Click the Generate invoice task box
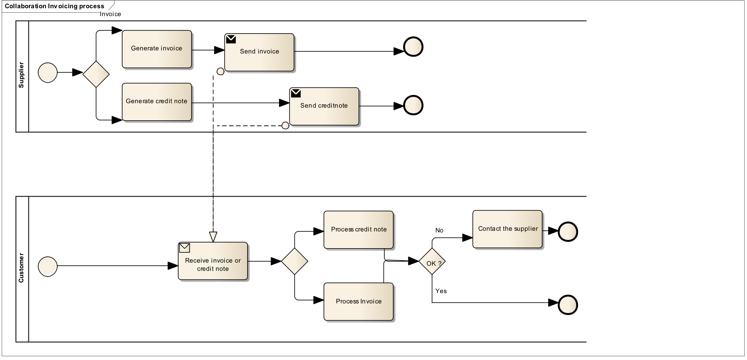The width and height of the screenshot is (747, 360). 157,49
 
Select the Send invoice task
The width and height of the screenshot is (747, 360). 259,52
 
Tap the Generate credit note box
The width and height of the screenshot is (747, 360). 157,102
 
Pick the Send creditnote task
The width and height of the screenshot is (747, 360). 324,106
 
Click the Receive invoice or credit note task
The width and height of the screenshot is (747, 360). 213,261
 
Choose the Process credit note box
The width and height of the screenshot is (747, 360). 358,230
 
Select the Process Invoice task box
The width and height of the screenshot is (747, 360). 358,302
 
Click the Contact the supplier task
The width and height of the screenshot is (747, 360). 507,229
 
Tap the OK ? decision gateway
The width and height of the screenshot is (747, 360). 432,262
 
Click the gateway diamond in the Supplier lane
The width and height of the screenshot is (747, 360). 96,74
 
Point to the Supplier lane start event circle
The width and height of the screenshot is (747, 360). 48,73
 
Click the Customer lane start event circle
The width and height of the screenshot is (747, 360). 48,266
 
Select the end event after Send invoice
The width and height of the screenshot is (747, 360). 413,47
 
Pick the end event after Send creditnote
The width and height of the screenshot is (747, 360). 413,105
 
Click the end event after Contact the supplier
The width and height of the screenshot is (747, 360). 568,232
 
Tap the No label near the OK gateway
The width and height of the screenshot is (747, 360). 439,230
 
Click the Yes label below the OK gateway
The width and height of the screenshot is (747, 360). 441,291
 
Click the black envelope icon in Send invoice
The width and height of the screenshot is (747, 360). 231,39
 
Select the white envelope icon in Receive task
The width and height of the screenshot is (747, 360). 184,248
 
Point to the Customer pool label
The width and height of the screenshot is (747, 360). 21,268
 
